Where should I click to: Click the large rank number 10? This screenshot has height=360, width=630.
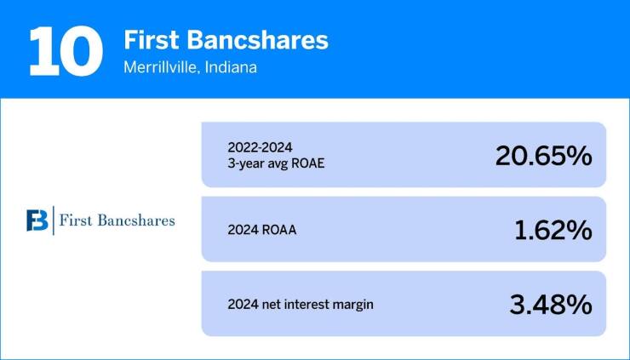(x=62, y=49)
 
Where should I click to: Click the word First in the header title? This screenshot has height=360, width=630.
(x=150, y=39)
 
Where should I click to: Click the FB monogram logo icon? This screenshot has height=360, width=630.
(x=37, y=220)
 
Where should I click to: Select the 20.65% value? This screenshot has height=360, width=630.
(x=542, y=155)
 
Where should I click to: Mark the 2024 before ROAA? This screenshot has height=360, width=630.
(x=243, y=229)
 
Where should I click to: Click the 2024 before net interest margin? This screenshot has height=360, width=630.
(x=243, y=304)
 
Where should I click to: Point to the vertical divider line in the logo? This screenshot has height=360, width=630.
(x=53, y=220)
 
